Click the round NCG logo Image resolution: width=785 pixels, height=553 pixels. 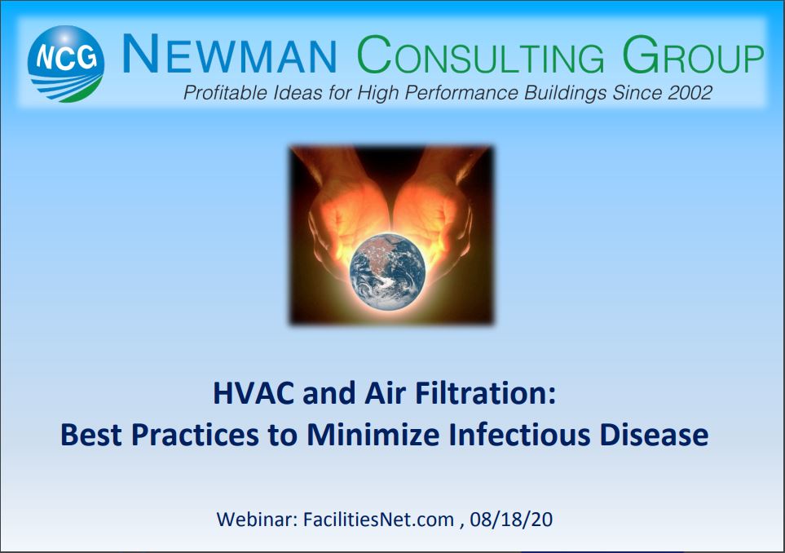(x=65, y=64)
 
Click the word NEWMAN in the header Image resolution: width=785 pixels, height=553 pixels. (x=229, y=55)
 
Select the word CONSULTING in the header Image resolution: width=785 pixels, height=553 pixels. (x=481, y=55)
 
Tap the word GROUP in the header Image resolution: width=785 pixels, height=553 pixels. (x=693, y=55)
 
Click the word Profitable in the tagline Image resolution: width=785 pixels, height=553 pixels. (x=225, y=93)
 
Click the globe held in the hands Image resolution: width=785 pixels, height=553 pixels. (x=387, y=271)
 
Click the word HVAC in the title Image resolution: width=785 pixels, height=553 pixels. (x=254, y=393)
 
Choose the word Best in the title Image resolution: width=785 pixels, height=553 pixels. (x=91, y=434)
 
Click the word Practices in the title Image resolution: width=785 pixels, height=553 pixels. (x=196, y=434)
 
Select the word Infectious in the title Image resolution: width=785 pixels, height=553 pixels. (x=519, y=434)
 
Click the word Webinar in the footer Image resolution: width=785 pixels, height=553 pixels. (x=258, y=520)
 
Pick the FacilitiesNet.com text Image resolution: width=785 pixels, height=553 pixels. (x=378, y=520)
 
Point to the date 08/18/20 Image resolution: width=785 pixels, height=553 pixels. (x=511, y=520)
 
